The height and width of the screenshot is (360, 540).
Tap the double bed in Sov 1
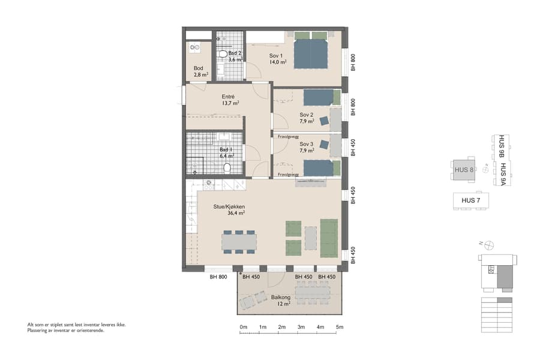(x=311, y=53)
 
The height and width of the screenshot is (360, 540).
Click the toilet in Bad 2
(x=223, y=55)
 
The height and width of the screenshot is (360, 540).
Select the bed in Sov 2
(x=318, y=97)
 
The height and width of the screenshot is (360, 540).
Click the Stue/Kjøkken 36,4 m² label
(x=229, y=209)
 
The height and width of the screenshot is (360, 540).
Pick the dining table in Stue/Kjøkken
(x=239, y=241)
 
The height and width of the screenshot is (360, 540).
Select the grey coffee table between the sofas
(x=310, y=237)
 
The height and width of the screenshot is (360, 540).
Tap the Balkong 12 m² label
(x=280, y=301)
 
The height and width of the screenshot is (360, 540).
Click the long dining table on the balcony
(x=312, y=292)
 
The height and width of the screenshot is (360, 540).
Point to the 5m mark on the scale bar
(x=339, y=327)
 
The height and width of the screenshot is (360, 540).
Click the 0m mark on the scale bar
(x=243, y=327)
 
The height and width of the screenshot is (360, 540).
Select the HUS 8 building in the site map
(x=464, y=170)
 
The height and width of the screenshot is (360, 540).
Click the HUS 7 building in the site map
(x=470, y=200)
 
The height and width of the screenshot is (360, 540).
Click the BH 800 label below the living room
(x=218, y=277)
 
